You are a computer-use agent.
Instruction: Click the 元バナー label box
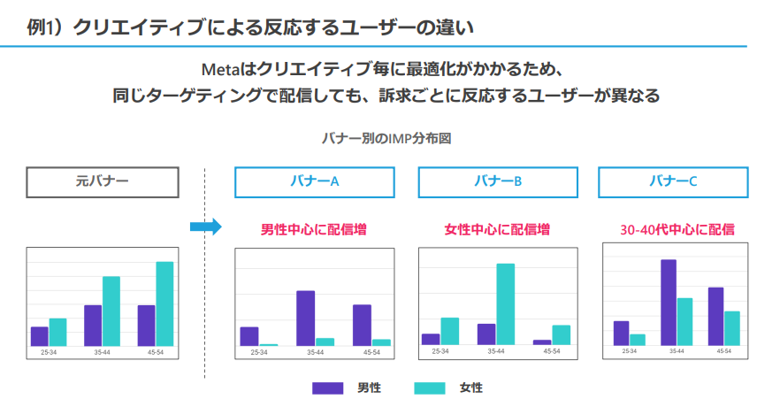point(103,181)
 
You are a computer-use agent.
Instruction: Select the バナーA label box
point(314,181)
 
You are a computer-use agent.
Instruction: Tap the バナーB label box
point(497,181)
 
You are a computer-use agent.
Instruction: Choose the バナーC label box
point(673,181)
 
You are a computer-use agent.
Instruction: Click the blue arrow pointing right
point(205,227)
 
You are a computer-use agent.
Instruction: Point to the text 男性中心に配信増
point(314,229)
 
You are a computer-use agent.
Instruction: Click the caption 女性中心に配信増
point(497,229)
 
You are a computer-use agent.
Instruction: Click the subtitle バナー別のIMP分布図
point(386,138)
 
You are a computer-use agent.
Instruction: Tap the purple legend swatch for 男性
point(327,388)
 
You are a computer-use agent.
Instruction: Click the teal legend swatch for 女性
point(430,388)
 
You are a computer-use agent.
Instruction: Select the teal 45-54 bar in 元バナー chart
point(164,303)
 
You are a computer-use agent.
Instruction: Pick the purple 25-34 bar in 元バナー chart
point(40,336)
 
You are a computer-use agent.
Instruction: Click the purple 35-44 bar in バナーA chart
point(306,318)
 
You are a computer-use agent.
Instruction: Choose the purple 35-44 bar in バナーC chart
point(669,302)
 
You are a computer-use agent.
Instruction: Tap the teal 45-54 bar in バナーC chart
point(731,327)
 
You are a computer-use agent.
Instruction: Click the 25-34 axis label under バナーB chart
point(440,351)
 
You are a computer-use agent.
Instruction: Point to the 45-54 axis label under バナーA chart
point(371,352)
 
